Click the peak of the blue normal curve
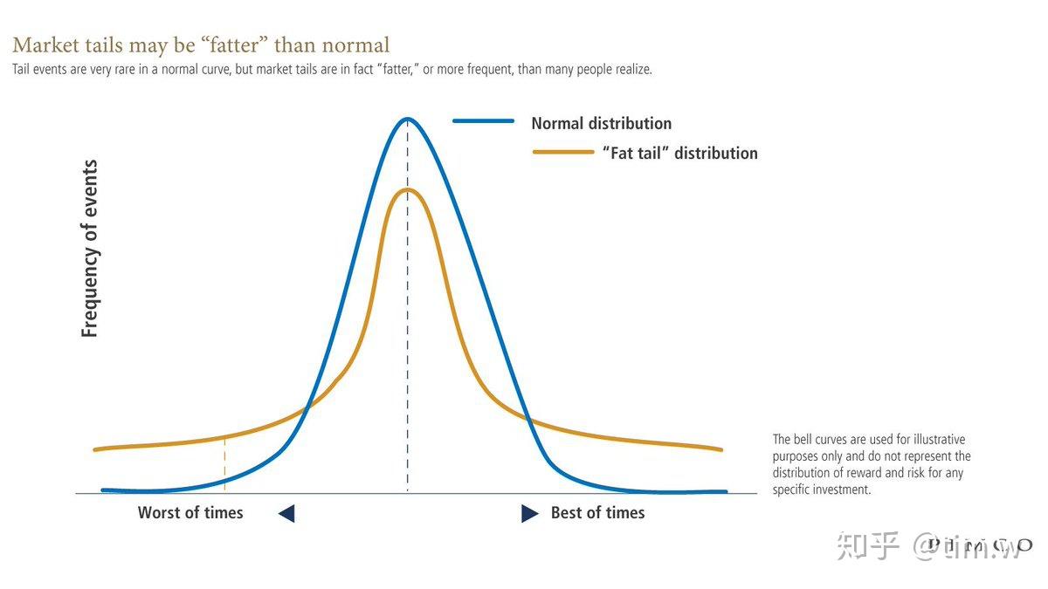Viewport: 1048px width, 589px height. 407,120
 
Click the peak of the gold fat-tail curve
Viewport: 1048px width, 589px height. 407,190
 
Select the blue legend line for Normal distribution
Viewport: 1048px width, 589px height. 483,121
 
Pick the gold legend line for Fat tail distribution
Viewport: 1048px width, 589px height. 563,152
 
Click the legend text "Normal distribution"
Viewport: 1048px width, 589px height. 601,124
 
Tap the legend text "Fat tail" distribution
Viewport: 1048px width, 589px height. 679,154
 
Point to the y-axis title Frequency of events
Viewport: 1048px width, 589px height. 90,249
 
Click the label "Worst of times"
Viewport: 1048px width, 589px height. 190,513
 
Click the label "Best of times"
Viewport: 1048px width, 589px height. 597,513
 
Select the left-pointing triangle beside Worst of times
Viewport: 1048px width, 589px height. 286,514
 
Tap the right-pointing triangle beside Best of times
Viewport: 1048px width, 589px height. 529,514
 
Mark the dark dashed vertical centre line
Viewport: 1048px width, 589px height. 407,349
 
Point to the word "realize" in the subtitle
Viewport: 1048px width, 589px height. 627,70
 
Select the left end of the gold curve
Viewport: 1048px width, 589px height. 95,449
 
